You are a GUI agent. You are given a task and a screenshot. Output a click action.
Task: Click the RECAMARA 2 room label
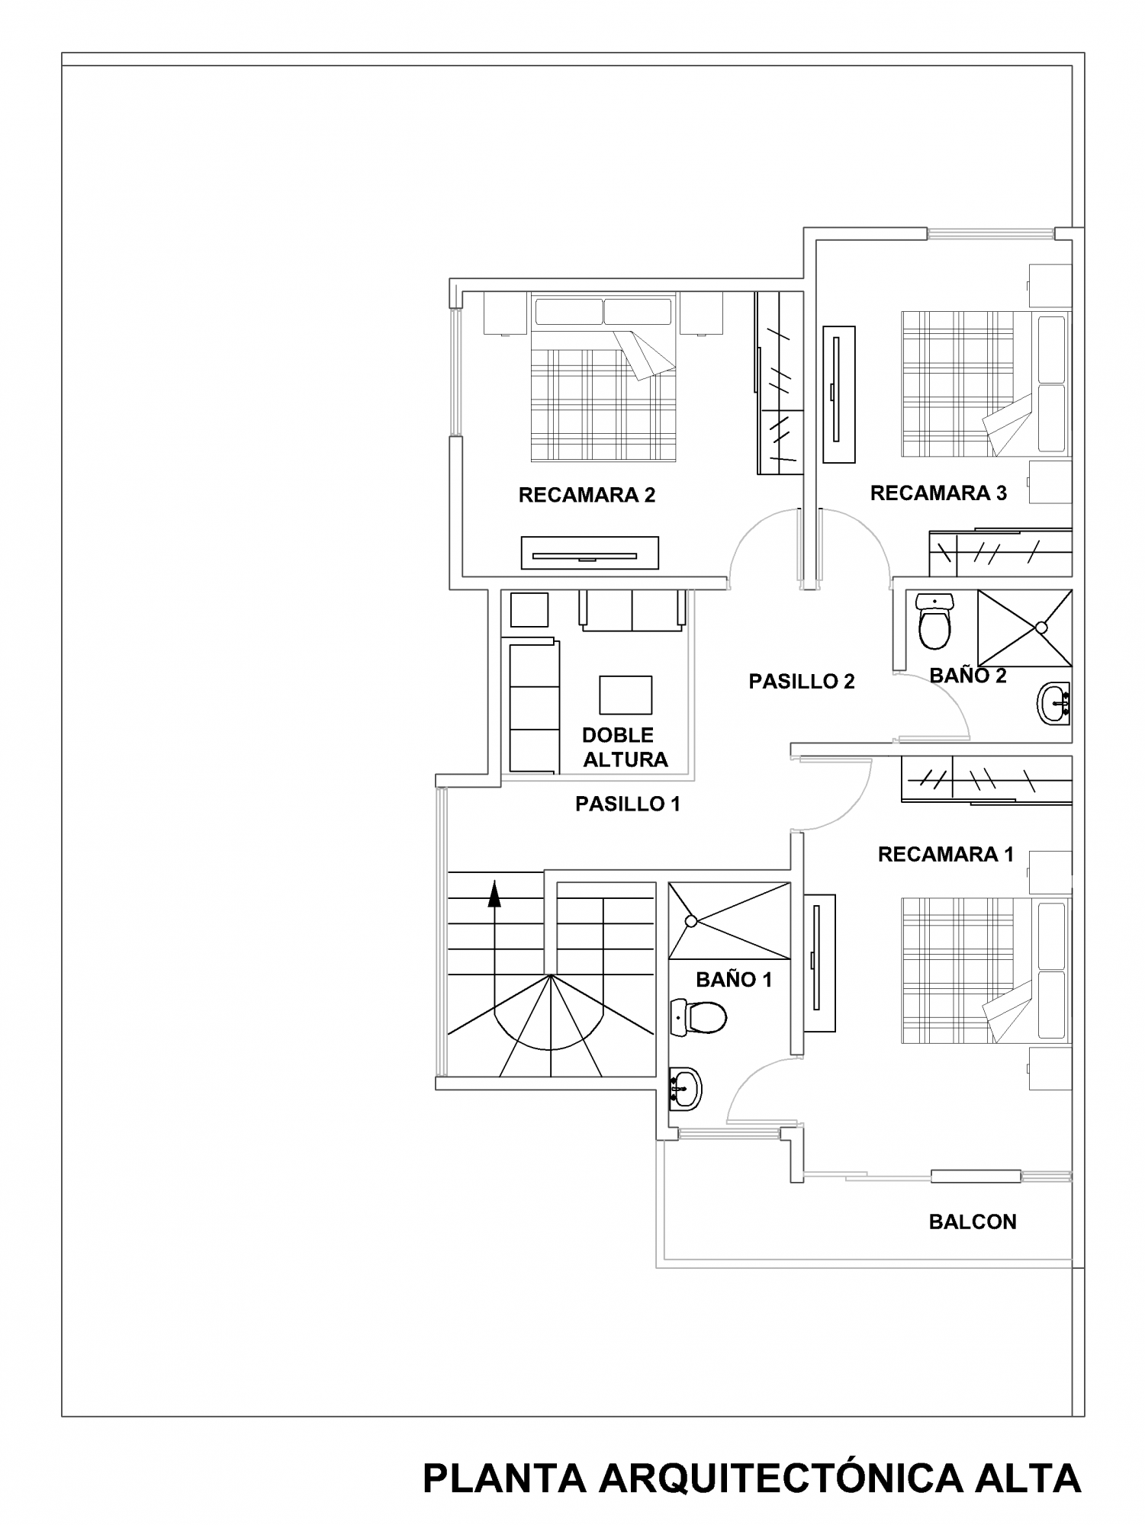tap(587, 496)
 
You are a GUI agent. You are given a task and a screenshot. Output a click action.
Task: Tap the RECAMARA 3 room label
tap(938, 493)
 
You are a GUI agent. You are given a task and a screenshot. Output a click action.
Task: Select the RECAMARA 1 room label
tap(946, 855)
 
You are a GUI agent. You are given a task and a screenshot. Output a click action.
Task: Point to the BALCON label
tap(973, 1222)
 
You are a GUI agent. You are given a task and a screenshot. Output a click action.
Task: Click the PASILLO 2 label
tap(802, 682)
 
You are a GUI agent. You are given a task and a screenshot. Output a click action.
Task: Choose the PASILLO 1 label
tap(628, 804)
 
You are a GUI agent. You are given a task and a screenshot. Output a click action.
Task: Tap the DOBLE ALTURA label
tap(625, 747)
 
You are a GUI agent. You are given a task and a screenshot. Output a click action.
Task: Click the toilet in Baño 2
tap(934, 621)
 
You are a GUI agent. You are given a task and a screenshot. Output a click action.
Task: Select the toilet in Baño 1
tap(698, 1016)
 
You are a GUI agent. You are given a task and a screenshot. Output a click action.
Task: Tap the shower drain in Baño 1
tap(691, 921)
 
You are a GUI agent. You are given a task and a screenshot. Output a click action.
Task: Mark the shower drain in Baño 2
tap(1041, 628)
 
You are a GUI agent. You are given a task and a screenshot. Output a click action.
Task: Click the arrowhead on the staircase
tap(494, 894)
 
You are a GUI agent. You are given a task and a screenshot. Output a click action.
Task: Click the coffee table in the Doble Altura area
tap(626, 694)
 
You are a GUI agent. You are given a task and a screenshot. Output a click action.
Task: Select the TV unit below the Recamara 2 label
tap(590, 553)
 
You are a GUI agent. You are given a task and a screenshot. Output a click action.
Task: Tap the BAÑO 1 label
tap(734, 980)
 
